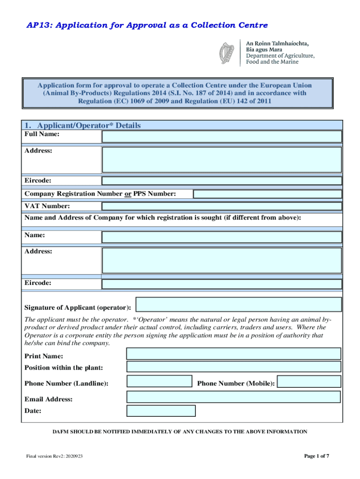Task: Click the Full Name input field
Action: point(222,136)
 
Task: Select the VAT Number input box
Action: point(222,206)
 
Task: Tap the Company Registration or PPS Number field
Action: point(267,194)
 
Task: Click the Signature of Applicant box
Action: point(238,305)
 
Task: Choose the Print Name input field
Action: point(233,354)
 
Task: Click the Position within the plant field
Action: point(233,367)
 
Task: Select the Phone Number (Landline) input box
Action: point(159,382)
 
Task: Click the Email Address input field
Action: point(233,397)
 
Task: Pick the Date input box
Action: point(161,411)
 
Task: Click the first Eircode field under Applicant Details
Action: point(222,181)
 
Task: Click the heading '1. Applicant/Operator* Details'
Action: point(82,125)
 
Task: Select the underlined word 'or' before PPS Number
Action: point(128,194)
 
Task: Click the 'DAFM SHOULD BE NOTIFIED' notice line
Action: point(180,432)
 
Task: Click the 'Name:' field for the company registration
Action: point(222,237)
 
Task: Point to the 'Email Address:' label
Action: point(48,399)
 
